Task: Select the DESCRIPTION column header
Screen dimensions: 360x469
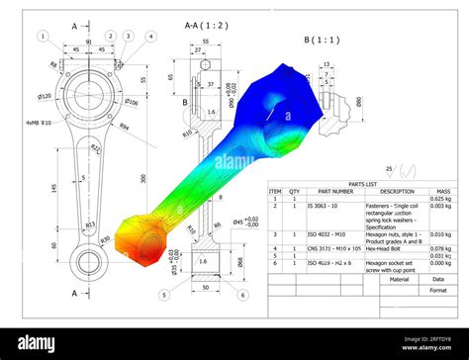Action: [x=396, y=192]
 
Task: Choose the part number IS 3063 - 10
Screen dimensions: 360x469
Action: [x=323, y=207]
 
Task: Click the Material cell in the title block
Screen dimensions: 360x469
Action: [x=399, y=280]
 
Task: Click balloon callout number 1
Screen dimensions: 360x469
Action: [x=43, y=37]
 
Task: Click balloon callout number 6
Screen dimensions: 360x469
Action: [x=243, y=295]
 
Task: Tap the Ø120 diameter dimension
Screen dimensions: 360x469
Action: [x=45, y=96]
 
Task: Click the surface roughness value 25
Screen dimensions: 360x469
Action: [x=389, y=169]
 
